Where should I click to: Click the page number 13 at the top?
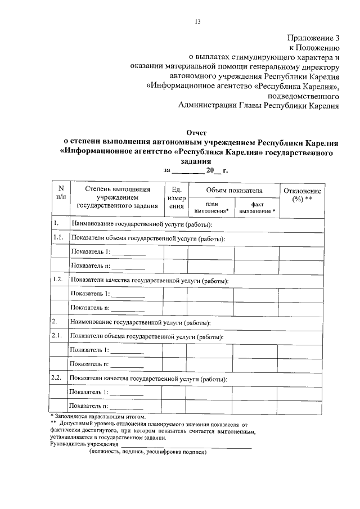tap(197, 22)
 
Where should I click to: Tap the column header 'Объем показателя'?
tap(234, 190)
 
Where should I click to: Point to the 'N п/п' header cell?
tap(60, 192)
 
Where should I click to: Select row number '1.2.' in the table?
tap(57, 280)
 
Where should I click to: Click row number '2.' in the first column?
tap(55, 322)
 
